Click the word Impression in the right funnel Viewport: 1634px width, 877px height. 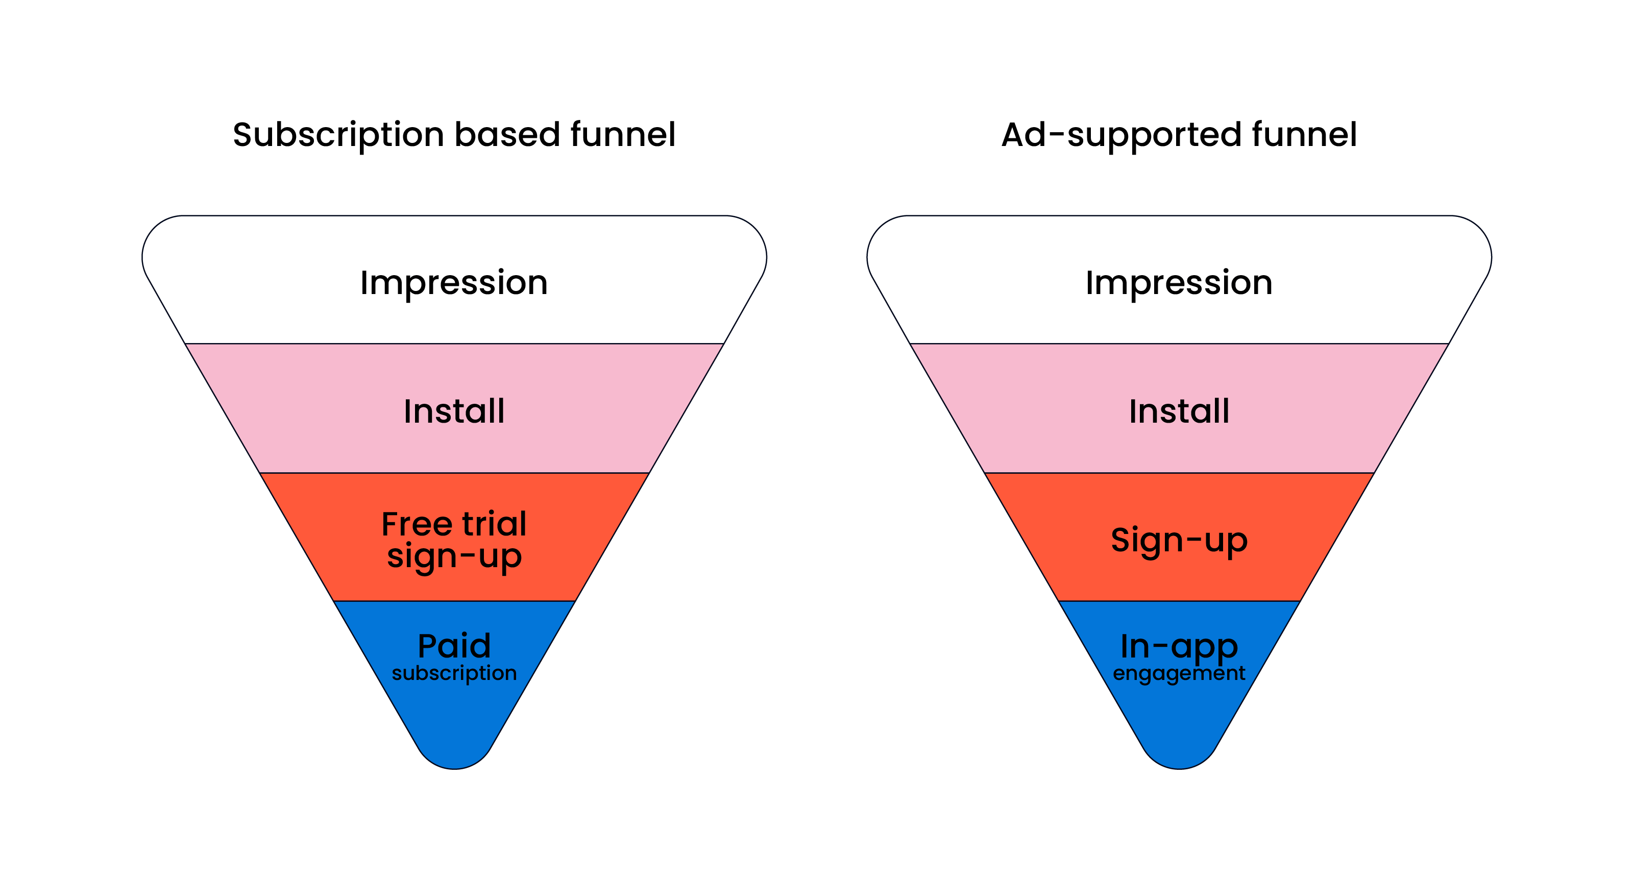pyautogui.click(x=1179, y=282)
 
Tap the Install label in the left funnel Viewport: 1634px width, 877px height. pyautogui.click(x=454, y=411)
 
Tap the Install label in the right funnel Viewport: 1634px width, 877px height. pyautogui.click(x=1179, y=411)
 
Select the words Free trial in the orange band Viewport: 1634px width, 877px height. pyautogui.click(x=454, y=524)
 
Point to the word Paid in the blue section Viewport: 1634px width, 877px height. pyautogui.click(x=454, y=646)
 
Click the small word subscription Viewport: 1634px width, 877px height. pyautogui.click(x=454, y=673)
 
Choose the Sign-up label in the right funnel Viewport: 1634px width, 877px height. pyautogui.click(x=1179, y=540)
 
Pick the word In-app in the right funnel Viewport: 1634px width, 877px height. pyautogui.click(x=1179, y=646)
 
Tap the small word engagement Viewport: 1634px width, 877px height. pyautogui.click(x=1179, y=673)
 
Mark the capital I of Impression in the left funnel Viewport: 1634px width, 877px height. pyautogui.click(x=364, y=282)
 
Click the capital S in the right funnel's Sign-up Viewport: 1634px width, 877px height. pyautogui.click(x=1121, y=540)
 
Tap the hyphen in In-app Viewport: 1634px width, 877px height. pyautogui.click(x=1160, y=648)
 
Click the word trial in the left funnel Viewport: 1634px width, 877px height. pyautogui.click(x=494, y=524)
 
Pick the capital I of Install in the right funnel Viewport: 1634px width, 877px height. pyautogui.click(x=1133, y=411)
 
